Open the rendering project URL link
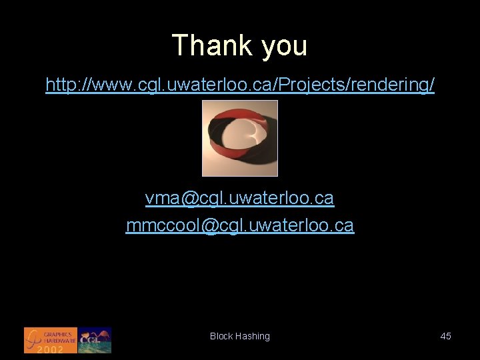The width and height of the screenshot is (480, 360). (240, 85)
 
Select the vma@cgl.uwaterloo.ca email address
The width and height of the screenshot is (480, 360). (240, 198)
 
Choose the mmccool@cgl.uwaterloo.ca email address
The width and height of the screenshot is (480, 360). (240, 226)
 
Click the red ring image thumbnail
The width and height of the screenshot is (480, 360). (240, 138)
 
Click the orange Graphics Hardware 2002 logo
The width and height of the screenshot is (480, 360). (50, 340)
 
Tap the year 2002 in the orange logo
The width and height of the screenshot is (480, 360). (50, 349)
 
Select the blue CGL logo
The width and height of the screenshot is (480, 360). (95, 340)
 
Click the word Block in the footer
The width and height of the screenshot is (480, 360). (221, 337)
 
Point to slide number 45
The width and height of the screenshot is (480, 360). (446, 336)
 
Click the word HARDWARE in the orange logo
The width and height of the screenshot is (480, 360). (59, 340)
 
